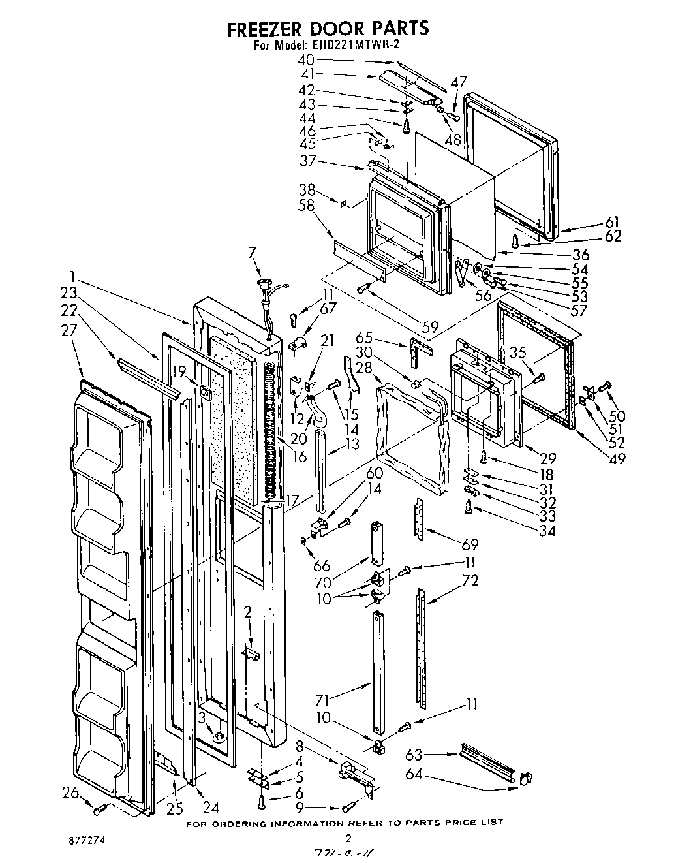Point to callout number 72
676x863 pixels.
tap(470, 580)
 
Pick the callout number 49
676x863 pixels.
tap(615, 458)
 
